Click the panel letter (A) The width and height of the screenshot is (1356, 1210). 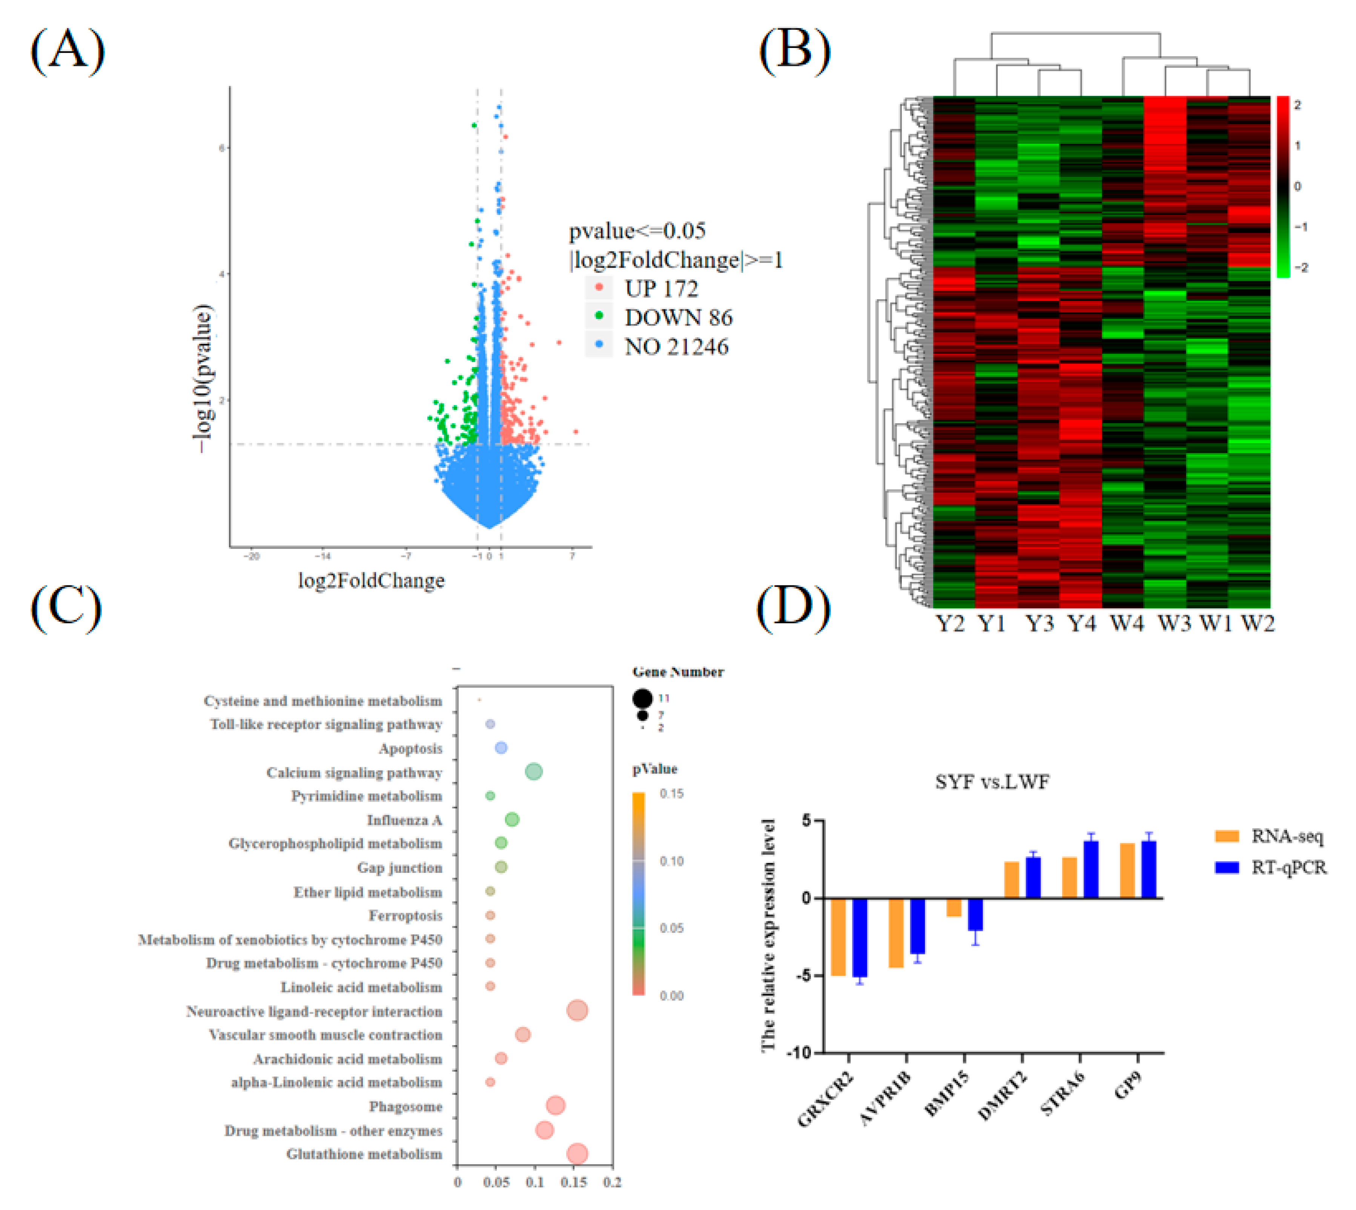coord(67,51)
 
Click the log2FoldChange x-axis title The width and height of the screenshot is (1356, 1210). coord(371,581)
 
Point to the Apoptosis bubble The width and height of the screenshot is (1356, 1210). coord(501,748)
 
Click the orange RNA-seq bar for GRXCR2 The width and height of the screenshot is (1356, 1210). coord(838,937)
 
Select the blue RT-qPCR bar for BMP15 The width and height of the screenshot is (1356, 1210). coord(975,914)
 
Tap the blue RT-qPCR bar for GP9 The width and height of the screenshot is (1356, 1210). coord(1149,870)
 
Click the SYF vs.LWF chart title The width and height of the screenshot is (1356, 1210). coord(992,782)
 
